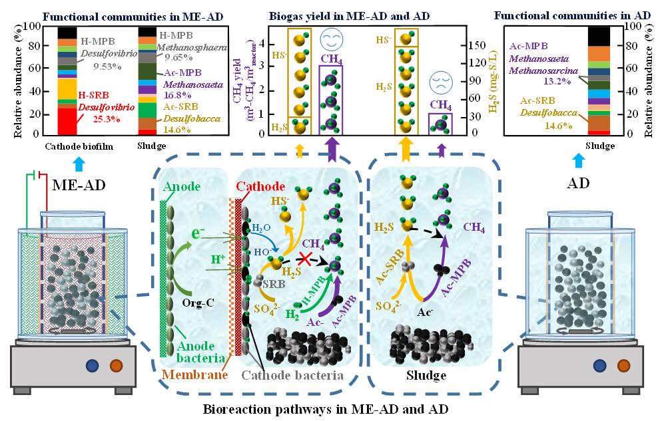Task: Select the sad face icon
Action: click(x=440, y=82)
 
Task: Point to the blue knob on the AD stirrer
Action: click(x=601, y=365)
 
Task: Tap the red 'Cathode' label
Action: click(x=261, y=187)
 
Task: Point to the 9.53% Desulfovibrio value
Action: click(x=94, y=67)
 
